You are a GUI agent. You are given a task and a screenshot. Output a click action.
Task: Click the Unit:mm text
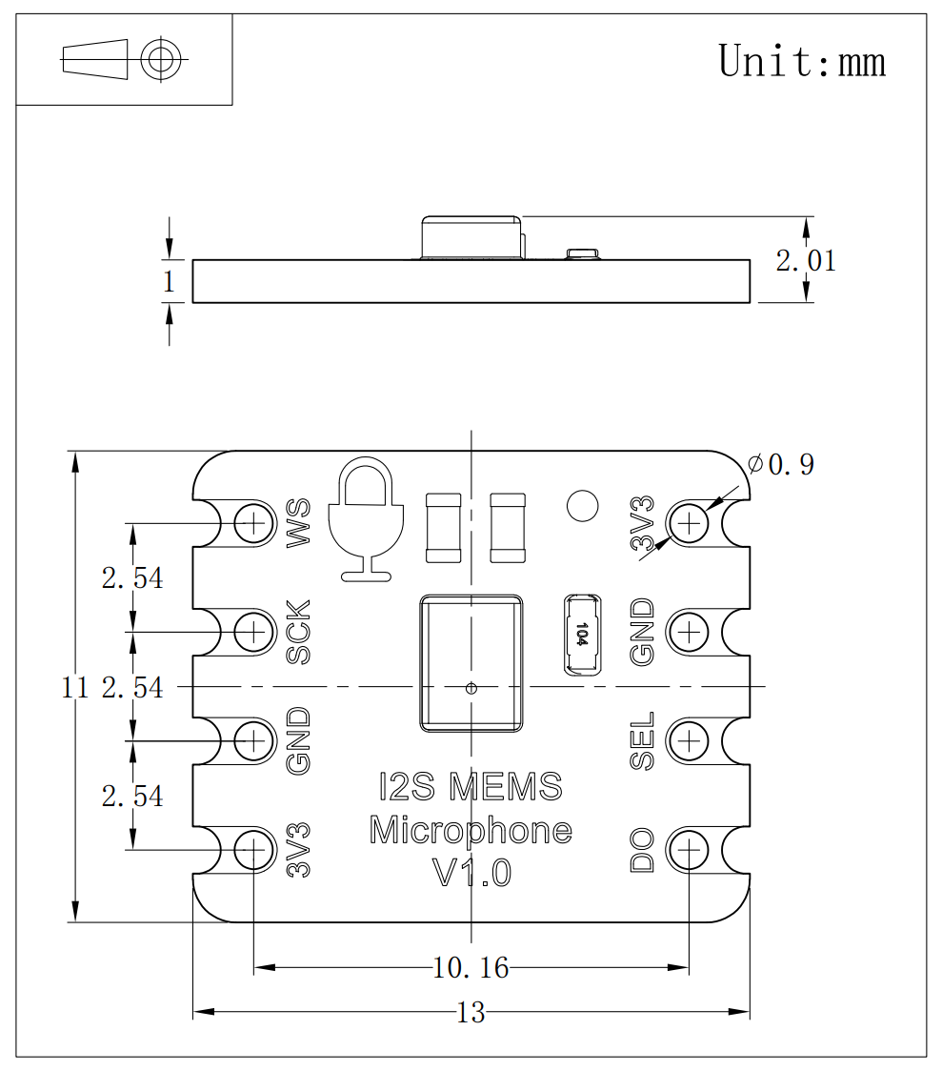pos(802,61)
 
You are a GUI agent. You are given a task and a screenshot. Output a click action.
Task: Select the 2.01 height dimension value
pos(806,260)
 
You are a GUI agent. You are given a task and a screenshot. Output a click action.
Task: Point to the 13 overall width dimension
pos(471,1012)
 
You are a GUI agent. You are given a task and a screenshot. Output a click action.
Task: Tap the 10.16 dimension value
pos(471,968)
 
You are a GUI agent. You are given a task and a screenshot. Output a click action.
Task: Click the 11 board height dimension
pos(74,686)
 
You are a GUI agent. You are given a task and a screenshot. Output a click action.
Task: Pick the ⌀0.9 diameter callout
pos(782,465)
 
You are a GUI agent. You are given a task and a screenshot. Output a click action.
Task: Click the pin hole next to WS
pos(254,522)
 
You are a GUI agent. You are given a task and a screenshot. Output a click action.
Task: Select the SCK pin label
pos(299,632)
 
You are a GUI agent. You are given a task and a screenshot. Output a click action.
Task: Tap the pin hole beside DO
pos(689,849)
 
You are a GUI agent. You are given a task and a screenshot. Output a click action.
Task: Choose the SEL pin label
pos(643,740)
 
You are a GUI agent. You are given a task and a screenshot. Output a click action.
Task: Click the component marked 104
pos(582,635)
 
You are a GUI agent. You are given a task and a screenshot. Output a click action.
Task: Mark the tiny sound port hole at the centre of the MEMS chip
pos(470,687)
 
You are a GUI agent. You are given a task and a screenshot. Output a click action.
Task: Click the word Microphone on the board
pos(471,831)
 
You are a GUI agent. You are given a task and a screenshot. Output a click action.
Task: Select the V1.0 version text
pos(471,873)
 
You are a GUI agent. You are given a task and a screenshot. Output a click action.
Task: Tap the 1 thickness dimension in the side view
pos(170,282)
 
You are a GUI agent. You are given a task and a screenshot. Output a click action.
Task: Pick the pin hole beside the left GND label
pos(254,739)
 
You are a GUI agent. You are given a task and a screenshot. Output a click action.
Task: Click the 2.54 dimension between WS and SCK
pos(132,577)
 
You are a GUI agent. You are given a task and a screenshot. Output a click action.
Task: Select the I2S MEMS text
pos(471,787)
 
